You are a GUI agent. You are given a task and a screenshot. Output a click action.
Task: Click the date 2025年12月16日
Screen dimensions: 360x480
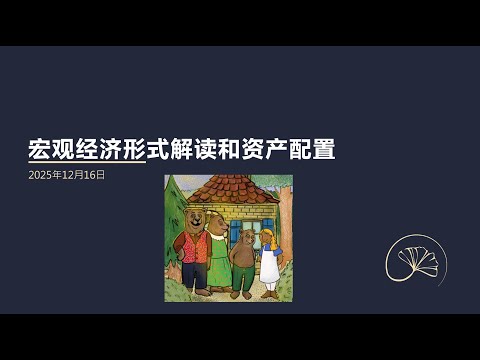pos(67,174)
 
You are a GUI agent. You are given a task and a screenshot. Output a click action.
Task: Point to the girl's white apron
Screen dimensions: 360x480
pos(269,266)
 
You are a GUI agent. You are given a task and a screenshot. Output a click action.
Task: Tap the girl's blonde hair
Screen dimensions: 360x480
pos(268,232)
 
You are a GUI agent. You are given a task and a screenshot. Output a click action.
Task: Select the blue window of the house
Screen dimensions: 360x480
pos(236,231)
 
